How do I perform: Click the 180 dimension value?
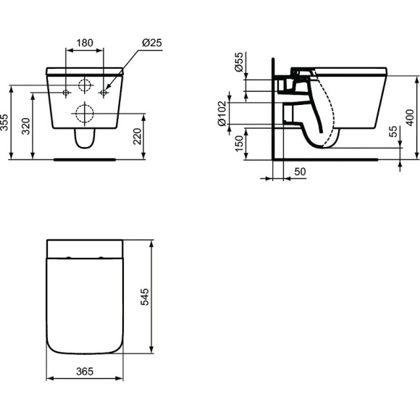[x=85, y=43]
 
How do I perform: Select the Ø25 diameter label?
[x=151, y=43]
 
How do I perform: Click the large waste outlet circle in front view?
[x=85, y=113]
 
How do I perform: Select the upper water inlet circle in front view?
[x=85, y=85]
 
